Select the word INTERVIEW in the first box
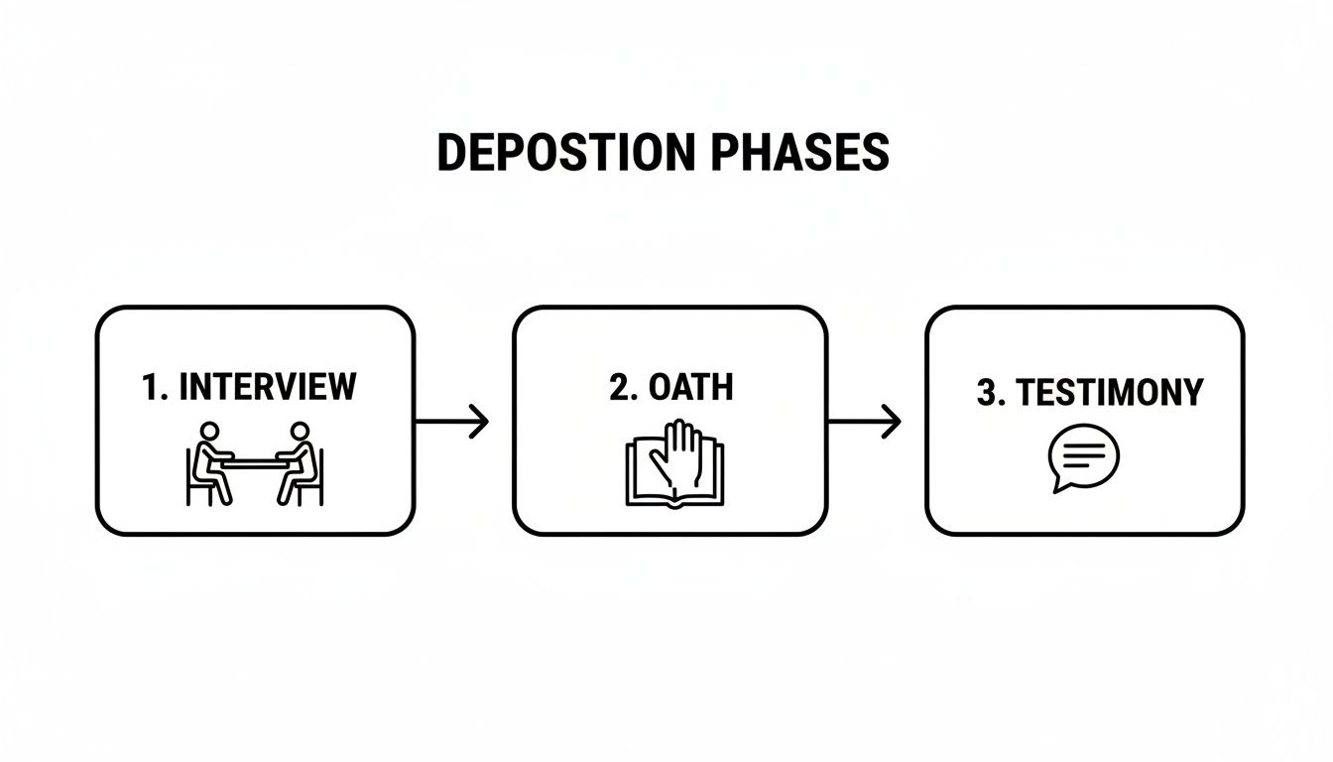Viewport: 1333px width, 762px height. (267, 386)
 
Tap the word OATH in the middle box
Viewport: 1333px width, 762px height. (691, 387)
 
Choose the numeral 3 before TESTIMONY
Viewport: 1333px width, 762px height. (986, 392)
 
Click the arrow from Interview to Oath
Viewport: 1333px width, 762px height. (451, 422)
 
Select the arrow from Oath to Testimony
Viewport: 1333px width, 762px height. (864, 422)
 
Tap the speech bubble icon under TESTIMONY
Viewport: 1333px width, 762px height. (1083, 456)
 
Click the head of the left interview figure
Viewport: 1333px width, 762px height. (210, 432)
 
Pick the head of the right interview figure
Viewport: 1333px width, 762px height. (299, 432)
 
